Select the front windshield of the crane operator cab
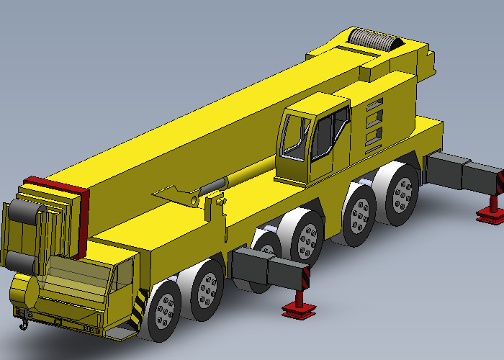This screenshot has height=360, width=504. click(x=292, y=135)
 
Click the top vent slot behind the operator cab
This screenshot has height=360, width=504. click(x=374, y=107)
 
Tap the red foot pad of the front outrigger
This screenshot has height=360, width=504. click(x=297, y=310)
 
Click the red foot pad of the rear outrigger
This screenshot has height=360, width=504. click(x=491, y=214)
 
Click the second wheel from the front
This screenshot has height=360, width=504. click(x=208, y=287)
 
